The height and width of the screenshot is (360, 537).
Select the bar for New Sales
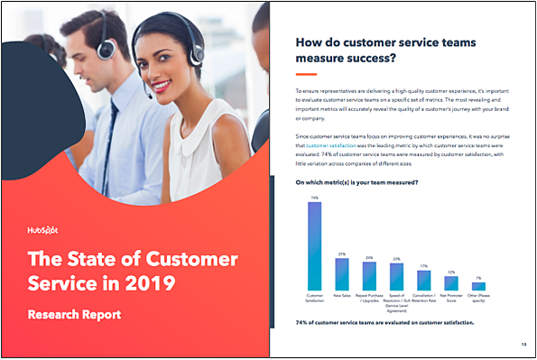coord(342,273)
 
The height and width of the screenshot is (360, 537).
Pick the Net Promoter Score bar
coord(451,282)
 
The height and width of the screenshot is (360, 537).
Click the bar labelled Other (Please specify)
coord(478,286)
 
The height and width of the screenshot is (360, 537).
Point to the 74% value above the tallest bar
coord(314,197)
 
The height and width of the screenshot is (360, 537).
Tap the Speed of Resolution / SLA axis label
coord(396,300)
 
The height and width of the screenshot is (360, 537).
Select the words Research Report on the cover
coord(74,316)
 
